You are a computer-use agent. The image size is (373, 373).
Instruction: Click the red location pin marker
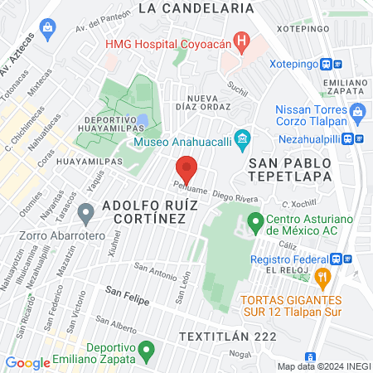point(186,168)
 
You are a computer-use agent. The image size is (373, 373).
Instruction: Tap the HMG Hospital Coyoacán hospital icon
point(241,40)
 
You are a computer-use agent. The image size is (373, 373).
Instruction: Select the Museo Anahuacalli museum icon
point(242,137)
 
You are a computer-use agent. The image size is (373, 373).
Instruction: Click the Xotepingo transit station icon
point(328,64)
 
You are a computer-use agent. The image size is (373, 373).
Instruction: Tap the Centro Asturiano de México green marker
point(255,222)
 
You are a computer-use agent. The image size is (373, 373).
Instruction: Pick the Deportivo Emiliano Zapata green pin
point(146,351)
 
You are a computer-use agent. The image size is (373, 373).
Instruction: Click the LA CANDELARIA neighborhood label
point(196,7)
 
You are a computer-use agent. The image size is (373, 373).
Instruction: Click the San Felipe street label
point(127,296)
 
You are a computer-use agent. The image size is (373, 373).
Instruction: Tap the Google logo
point(27,362)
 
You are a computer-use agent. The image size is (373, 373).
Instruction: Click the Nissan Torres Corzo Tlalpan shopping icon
point(284,111)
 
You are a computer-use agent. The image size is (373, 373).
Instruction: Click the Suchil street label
point(237,85)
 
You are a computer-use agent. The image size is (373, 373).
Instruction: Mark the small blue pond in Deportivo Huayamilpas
point(143,120)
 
